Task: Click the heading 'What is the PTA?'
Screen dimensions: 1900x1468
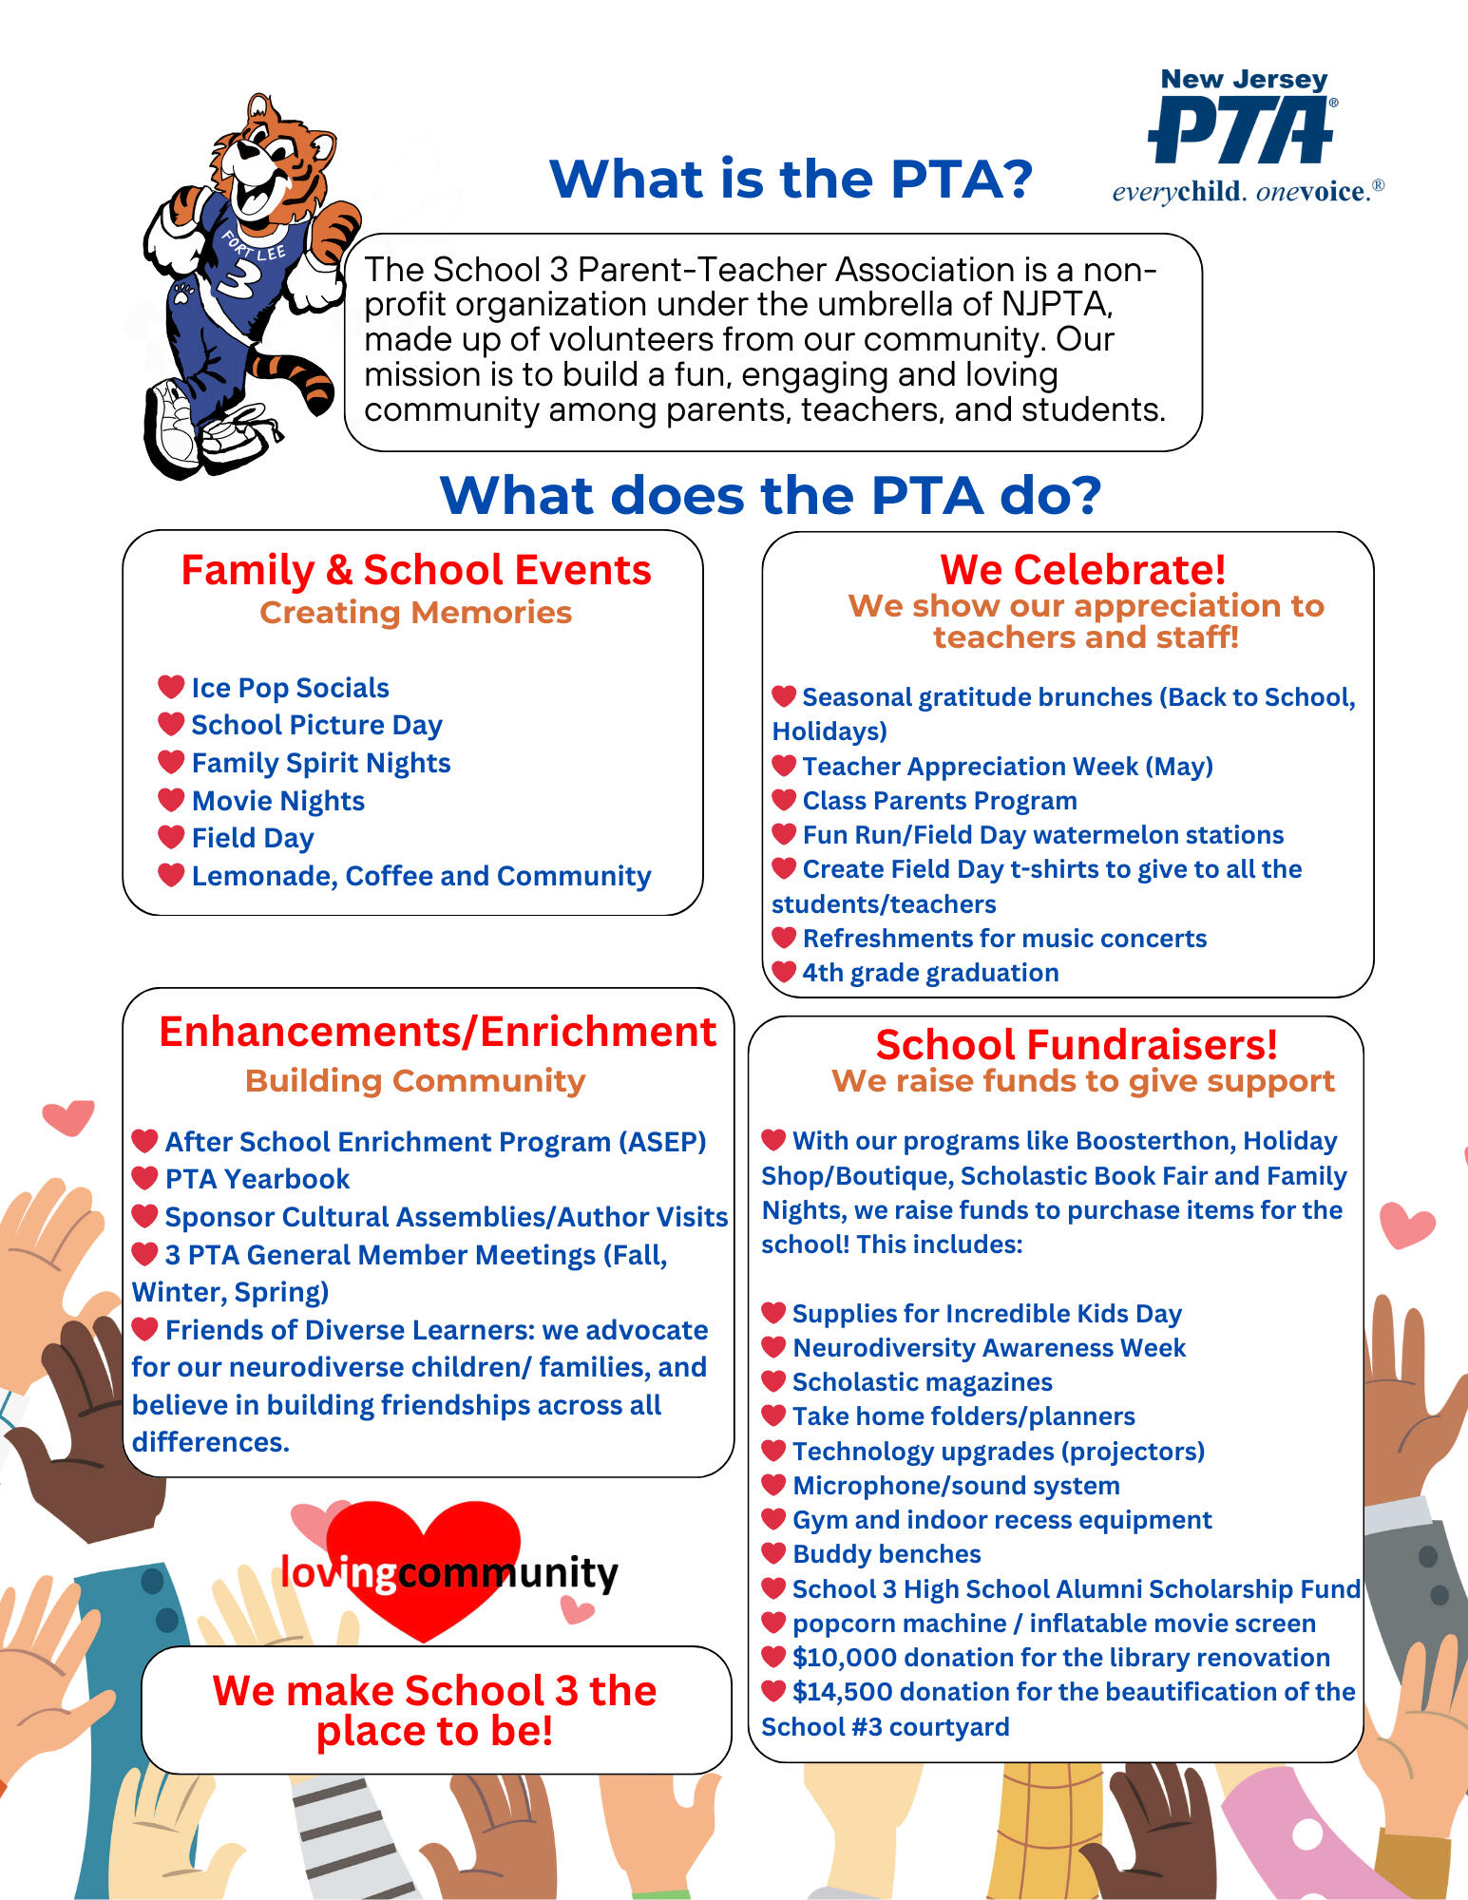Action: coord(791,179)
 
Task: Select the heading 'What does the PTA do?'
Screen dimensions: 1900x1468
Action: coord(770,495)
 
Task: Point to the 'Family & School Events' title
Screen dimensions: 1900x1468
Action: coord(416,570)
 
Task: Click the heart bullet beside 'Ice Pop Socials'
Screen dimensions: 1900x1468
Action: coord(171,686)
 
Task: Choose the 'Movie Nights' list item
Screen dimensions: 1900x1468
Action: coord(277,801)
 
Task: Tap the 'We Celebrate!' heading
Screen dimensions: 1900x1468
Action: coord(1082,570)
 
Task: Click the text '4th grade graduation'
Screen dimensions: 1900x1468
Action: coord(929,973)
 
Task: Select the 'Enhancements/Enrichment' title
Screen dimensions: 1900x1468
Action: coord(437,1032)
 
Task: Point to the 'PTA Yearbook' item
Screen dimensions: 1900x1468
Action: coord(257,1179)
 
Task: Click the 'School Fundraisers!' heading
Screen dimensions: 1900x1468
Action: coord(1076,1045)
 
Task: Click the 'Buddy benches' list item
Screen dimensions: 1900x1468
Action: coord(886,1554)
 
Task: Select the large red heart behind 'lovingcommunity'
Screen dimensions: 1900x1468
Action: coord(423,1544)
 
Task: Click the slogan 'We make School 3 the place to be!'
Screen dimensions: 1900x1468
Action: coord(434,1710)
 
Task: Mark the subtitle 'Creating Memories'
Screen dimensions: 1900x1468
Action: coord(415,613)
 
